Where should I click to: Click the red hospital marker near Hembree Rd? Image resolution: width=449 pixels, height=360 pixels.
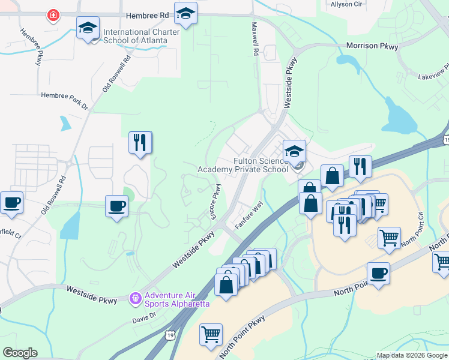tap(54, 15)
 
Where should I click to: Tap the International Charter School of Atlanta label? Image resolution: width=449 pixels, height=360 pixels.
tap(135, 36)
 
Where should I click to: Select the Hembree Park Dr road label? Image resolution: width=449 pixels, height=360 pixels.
tap(64, 95)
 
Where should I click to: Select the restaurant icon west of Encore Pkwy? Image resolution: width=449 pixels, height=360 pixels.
tap(140, 143)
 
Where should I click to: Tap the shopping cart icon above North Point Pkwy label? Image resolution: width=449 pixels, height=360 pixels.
tap(211, 335)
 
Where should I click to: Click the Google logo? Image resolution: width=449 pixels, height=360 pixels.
tap(20, 353)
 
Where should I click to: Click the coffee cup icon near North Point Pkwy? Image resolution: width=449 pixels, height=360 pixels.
tap(378, 274)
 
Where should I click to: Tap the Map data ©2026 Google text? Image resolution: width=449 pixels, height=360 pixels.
tap(412, 355)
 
